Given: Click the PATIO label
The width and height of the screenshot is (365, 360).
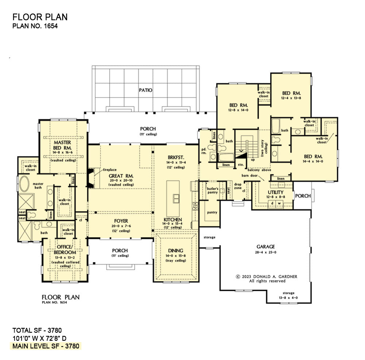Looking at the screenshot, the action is tap(146, 90).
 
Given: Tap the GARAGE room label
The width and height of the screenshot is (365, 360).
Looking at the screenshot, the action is tap(266, 246).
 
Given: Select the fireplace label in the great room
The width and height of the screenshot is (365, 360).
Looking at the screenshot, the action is tap(109, 170).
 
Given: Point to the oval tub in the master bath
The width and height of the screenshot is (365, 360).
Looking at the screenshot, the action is tap(24, 184).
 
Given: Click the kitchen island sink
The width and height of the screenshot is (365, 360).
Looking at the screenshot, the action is tap(176, 198).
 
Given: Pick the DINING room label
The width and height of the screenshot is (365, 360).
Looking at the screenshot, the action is tap(176, 250).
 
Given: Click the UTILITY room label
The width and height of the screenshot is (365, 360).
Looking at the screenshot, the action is tap(276, 192).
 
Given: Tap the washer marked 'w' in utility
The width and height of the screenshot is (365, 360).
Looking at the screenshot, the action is tap(279, 203).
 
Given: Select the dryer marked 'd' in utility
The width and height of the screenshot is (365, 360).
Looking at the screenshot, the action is tap(272, 203).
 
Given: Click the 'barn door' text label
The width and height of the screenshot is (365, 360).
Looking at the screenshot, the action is tap(250, 175).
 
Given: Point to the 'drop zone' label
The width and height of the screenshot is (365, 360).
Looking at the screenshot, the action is tap(238, 186).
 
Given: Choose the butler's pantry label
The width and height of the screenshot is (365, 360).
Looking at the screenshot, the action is tap(212, 190).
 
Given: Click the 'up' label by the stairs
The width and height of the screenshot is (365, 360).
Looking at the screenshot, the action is tap(253, 160).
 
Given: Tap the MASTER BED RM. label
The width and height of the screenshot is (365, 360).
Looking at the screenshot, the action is tap(62, 145).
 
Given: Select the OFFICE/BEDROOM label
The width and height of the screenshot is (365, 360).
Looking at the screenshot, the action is tap(65, 250).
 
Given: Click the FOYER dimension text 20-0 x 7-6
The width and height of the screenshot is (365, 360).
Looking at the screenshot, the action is tap(121, 226).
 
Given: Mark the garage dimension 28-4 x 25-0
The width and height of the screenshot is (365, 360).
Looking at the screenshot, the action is tap(266, 252).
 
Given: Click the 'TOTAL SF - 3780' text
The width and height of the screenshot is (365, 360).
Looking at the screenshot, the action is tap(37, 330).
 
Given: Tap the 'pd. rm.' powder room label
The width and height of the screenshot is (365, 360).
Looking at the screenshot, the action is tap(204, 151).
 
